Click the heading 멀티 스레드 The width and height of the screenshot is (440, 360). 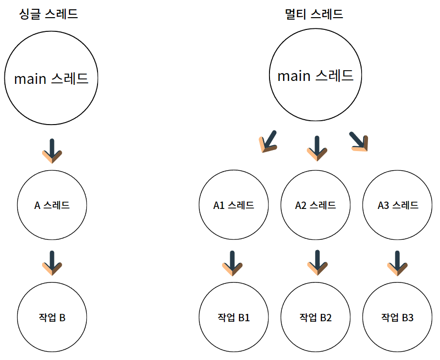pos(314,14)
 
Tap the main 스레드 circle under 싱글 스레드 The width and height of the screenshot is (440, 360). pos(51,78)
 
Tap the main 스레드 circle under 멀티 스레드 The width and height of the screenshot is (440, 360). pos(316,76)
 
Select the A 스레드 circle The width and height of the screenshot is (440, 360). pos(52,205)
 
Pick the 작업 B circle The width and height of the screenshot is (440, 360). pos(52,317)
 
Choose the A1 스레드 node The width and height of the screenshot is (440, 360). pos(234,205)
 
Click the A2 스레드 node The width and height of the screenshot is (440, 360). pos(316,205)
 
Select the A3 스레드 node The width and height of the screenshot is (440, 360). pos(398,205)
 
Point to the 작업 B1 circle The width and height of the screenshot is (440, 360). pos(234,317)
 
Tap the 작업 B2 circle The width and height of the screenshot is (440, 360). pos(316,317)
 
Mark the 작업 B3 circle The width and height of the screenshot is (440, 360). pos(398,317)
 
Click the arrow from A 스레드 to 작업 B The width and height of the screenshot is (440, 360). pos(52,262)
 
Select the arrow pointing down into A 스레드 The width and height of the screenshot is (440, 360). pos(52,150)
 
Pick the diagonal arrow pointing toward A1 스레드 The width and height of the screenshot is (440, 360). pos(268,142)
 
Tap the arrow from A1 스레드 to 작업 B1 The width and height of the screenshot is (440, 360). pos(232,262)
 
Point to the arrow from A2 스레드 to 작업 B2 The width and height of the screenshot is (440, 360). pos(317,262)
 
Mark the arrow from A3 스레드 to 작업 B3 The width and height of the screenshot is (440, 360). pos(397,262)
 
